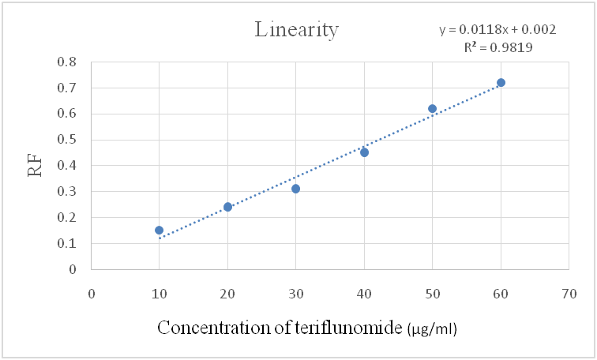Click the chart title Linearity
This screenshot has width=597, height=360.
click(x=296, y=30)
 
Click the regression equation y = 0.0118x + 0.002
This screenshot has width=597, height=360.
click(x=497, y=30)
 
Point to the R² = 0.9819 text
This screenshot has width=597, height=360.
click(x=497, y=47)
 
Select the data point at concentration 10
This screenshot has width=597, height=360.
click(x=160, y=231)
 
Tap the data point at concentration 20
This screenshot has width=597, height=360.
click(x=227, y=207)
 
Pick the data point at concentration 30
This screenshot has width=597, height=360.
click(x=295, y=189)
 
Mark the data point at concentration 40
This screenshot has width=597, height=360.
click(x=364, y=152)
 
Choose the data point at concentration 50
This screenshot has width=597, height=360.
click(x=432, y=109)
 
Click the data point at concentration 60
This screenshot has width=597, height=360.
click(x=501, y=83)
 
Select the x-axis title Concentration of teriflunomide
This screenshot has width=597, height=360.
click(x=280, y=328)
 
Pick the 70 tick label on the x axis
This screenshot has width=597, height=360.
click(x=569, y=293)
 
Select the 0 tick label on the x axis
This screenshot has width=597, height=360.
click(x=92, y=293)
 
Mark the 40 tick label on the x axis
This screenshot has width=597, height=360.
click(x=364, y=293)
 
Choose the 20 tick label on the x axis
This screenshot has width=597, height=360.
click(x=227, y=293)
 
